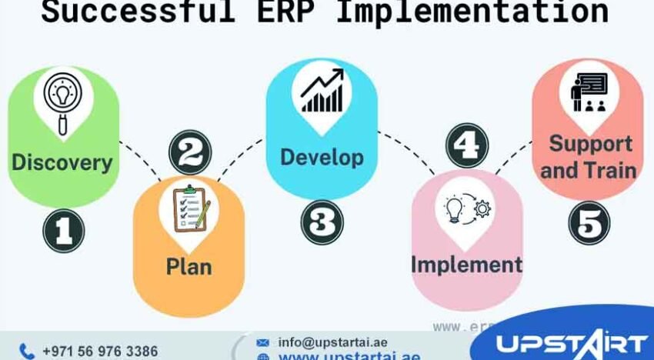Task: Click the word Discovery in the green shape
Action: tap(62, 162)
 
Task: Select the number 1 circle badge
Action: tap(63, 231)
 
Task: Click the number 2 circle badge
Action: tap(189, 152)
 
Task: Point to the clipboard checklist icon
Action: tap(190, 208)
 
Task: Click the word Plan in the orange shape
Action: tap(189, 267)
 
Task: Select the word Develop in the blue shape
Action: tap(322, 157)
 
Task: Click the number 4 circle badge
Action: tap(467, 145)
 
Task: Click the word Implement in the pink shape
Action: tap(466, 264)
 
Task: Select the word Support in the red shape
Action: tap(590, 143)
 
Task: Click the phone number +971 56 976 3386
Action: tap(99, 351)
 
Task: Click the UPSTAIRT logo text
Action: tap(569, 343)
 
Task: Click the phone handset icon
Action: tap(27, 351)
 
